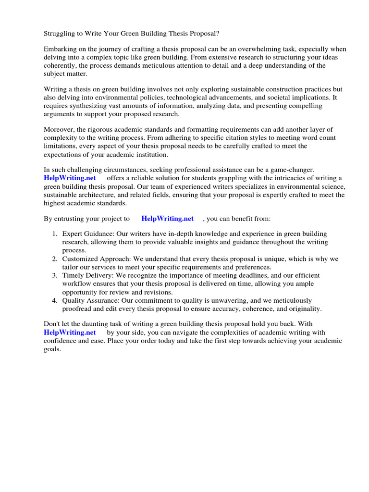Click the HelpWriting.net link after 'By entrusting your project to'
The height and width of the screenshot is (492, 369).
167,219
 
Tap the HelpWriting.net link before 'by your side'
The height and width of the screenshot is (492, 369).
70,332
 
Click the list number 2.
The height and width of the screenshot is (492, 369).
54,259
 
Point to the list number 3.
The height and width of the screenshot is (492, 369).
54,276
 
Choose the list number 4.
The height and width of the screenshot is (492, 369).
54,300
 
